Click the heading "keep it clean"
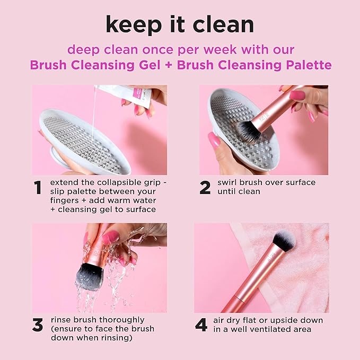pyautogui.click(x=180, y=24)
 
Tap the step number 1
pyautogui.click(x=38, y=188)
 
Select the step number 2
pyautogui.click(x=205, y=188)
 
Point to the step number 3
pyautogui.click(x=38, y=325)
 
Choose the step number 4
pyautogui.click(x=201, y=325)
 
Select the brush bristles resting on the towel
pyautogui.click(x=284, y=241)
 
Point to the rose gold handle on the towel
pyautogui.click(x=249, y=281)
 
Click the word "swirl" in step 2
pyautogui.click(x=229, y=182)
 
